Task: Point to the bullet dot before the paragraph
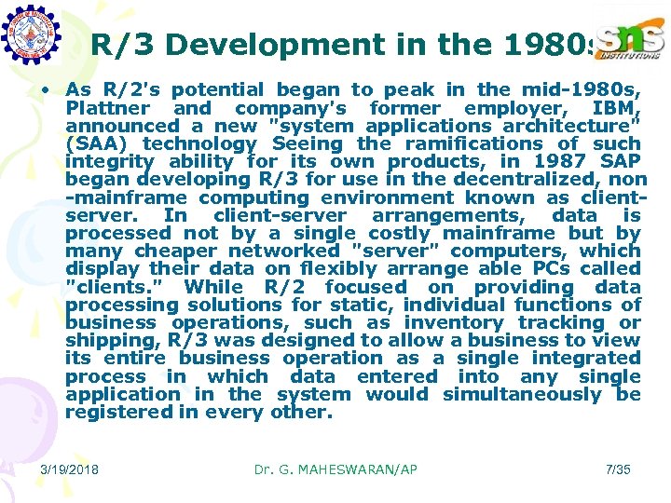(44, 90)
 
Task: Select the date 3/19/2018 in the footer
(71, 469)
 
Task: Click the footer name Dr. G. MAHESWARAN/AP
(335, 469)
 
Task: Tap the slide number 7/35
(618, 469)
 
